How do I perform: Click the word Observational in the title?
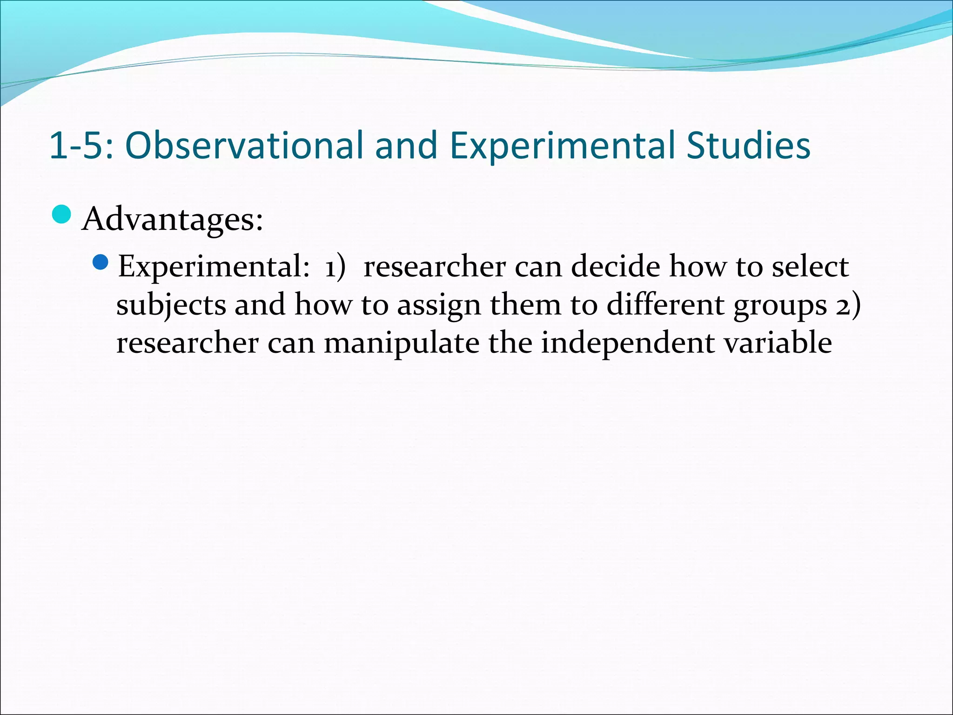click(x=244, y=145)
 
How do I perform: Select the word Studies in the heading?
click(x=749, y=145)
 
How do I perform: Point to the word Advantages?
click(x=172, y=219)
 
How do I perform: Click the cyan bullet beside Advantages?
click(x=61, y=215)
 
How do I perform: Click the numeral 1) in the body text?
click(x=335, y=267)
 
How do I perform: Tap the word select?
click(x=810, y=266)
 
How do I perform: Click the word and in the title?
click(x=406, y=145)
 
